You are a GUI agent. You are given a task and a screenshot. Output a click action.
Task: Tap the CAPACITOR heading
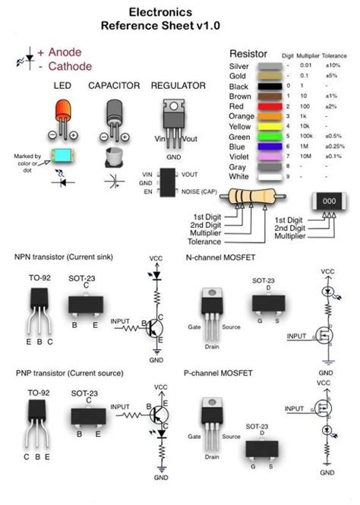pyautogui.click(x=115, y=86)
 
